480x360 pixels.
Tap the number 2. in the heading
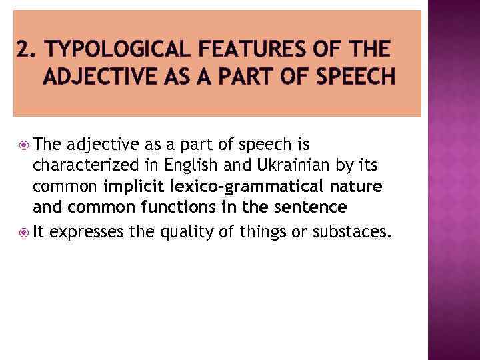[26, 49]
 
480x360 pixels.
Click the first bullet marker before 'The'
[24, 144]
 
